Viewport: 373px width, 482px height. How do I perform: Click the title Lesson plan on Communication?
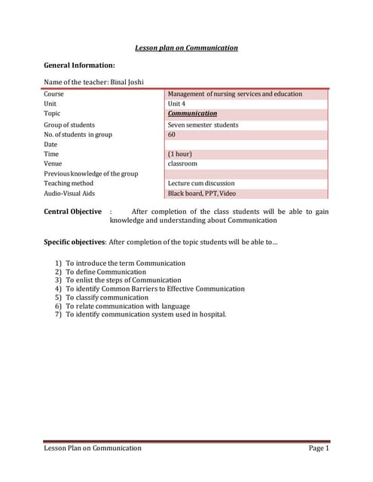coord(186,47)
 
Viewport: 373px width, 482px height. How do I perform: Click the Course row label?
coord(54,94)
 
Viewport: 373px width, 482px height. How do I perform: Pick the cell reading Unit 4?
coord(176,104)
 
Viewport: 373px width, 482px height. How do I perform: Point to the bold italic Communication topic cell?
coord(192,114)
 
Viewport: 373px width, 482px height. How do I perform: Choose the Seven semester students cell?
coord(203,125)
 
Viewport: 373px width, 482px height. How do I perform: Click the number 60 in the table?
coord(172,134)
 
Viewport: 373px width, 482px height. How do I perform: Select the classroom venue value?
coord(182,163)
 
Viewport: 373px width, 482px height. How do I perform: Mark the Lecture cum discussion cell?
coord(201,183)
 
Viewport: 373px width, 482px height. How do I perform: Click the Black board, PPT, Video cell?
coord(201,193)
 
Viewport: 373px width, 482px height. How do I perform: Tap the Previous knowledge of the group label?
coord(90,173)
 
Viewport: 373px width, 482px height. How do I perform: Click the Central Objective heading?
coord(72,212)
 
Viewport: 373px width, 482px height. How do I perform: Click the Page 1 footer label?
coord(319,448)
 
